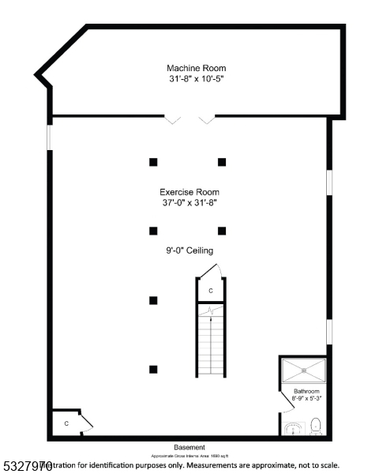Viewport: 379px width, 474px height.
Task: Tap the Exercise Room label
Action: [189, 192]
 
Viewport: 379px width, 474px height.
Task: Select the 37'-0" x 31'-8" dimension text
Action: [189, 203]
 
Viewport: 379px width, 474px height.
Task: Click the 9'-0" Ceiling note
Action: [189, 250]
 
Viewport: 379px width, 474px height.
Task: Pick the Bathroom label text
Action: [306, 391]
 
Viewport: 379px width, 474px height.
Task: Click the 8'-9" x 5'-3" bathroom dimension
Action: [306, 399]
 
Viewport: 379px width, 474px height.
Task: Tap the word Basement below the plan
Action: [189, 447]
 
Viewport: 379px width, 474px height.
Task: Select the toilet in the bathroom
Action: [316, 427]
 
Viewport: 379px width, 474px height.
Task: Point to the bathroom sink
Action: [293, 429]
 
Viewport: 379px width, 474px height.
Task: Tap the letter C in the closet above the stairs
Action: [211, 292]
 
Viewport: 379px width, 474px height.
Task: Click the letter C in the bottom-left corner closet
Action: [66, 424]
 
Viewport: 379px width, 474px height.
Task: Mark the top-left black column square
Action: [153, 162]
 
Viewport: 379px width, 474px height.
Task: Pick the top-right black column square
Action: [222, 162]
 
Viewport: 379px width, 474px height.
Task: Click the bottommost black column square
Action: [153, 369]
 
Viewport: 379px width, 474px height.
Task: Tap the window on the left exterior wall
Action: [49, 136]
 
